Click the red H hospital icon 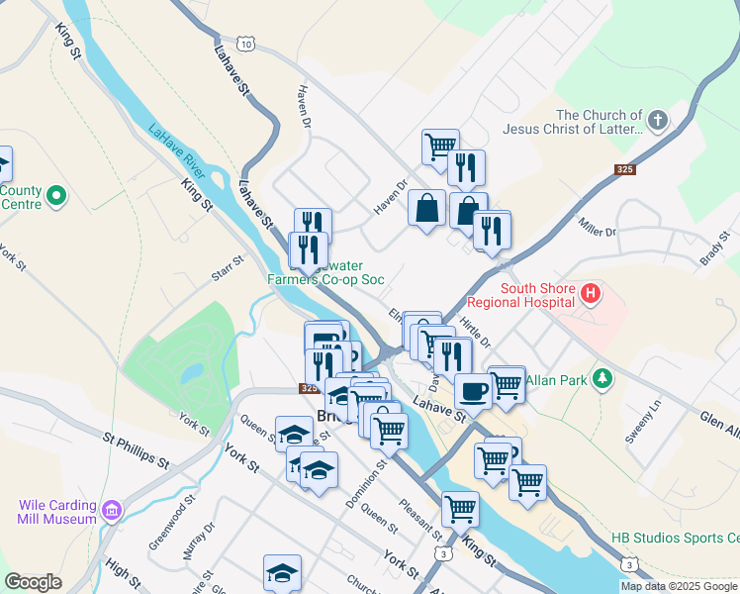591,293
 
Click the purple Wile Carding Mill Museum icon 112,511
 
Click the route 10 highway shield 245,45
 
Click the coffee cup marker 474,390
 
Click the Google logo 33,582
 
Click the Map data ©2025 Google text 679,586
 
